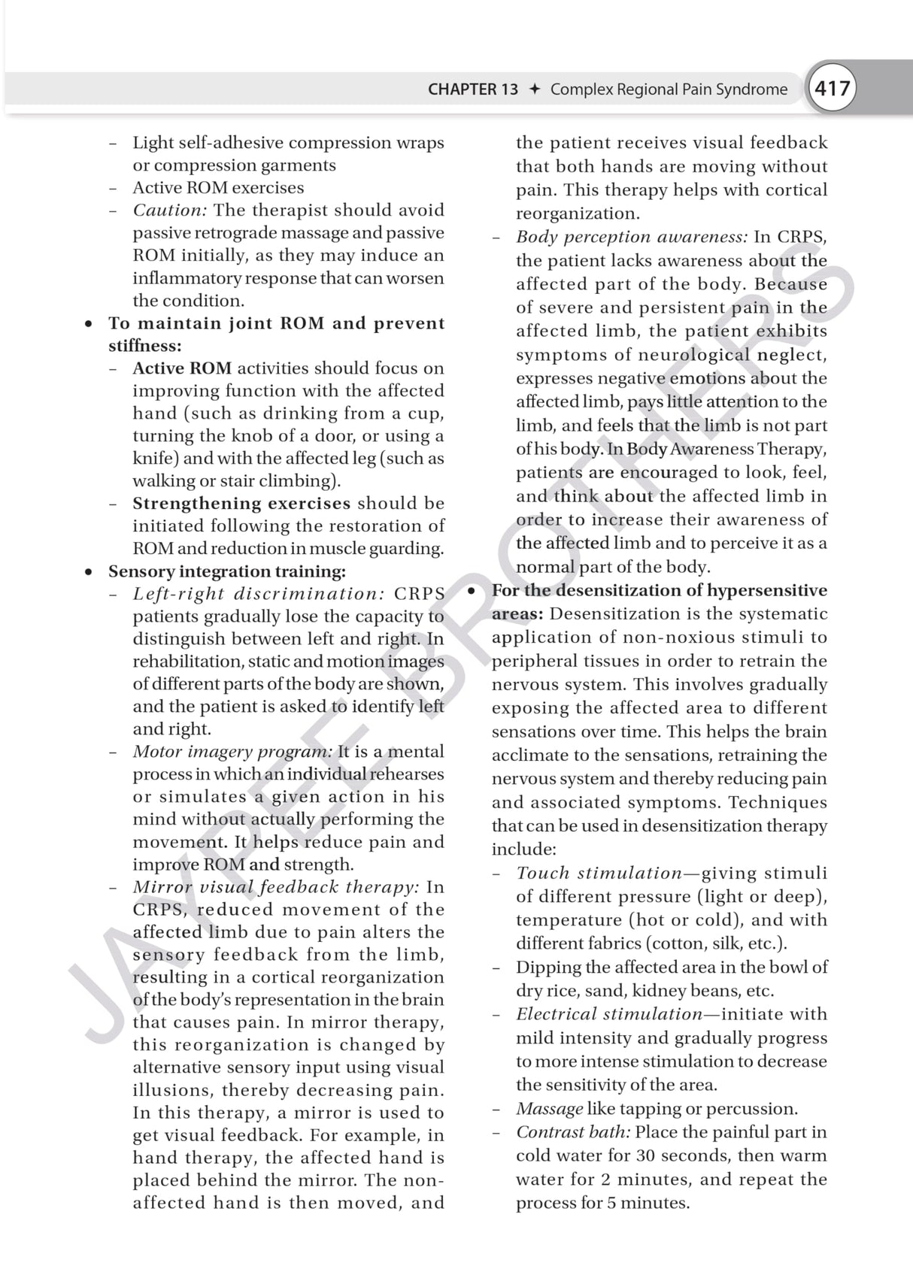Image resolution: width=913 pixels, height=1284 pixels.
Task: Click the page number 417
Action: (x=833, y=89)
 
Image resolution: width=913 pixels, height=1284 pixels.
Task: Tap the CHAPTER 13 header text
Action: (x=472, y=89)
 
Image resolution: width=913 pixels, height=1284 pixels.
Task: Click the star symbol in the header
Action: (x=535, y=89)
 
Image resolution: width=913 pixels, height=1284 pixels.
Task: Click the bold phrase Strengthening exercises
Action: (x=241, y=504)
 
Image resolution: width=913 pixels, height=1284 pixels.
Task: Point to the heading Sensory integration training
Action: (x=226, y=571)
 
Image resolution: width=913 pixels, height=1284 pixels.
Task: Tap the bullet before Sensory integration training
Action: (x=89, y=572)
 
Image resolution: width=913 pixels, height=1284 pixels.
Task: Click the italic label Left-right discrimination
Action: (x=259, y=594)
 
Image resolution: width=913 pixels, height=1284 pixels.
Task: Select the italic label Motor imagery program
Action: (x=232, y=752)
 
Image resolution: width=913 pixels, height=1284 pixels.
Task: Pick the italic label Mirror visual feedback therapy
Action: (x=276, y=887)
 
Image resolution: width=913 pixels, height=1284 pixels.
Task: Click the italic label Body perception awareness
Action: (x=632, y=238)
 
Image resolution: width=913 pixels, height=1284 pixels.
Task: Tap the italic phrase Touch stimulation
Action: (x=599, y=874)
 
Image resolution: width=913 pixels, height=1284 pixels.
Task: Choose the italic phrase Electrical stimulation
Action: (x=609, y=1014)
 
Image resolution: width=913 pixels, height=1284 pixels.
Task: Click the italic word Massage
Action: (x=549, y=1109)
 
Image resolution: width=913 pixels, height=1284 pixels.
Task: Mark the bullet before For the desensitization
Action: (x=472, y=591)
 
